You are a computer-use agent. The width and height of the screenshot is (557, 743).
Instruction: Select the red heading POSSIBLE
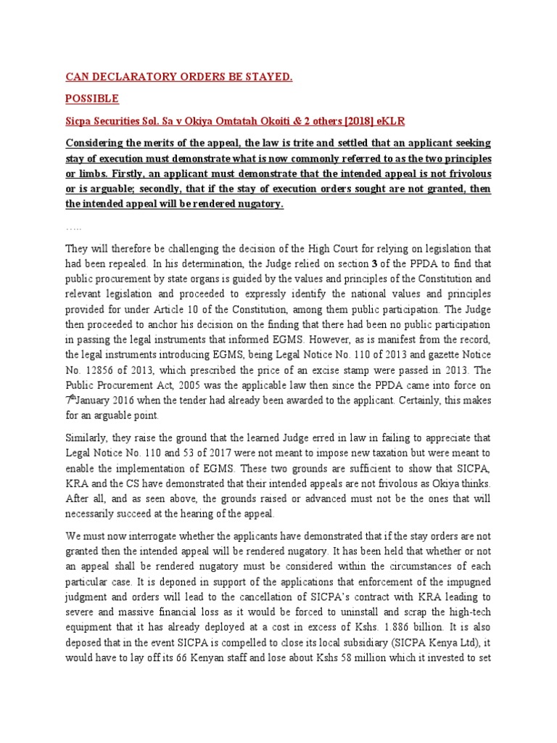coord(92,98)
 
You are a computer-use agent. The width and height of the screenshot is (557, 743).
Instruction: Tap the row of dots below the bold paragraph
coord(74,228)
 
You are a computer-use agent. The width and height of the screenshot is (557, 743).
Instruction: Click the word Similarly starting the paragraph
coord(88,438)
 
